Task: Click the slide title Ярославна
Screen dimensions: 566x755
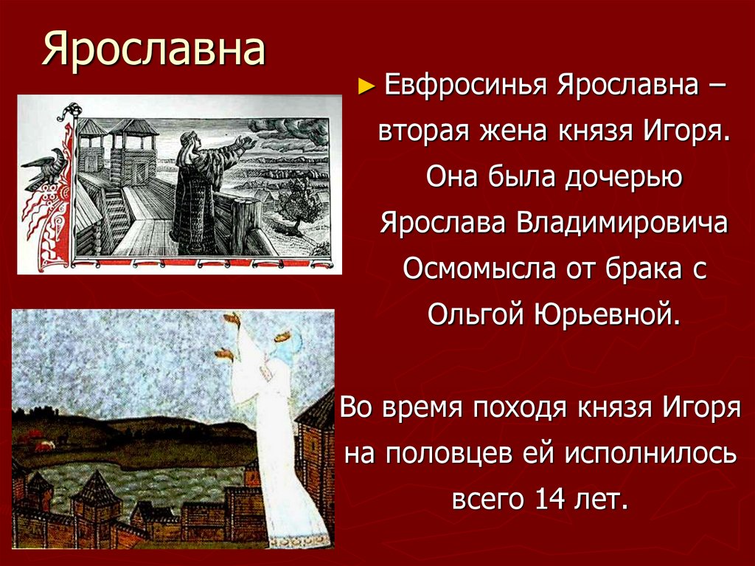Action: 153,51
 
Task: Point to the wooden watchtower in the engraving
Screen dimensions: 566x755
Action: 131,148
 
